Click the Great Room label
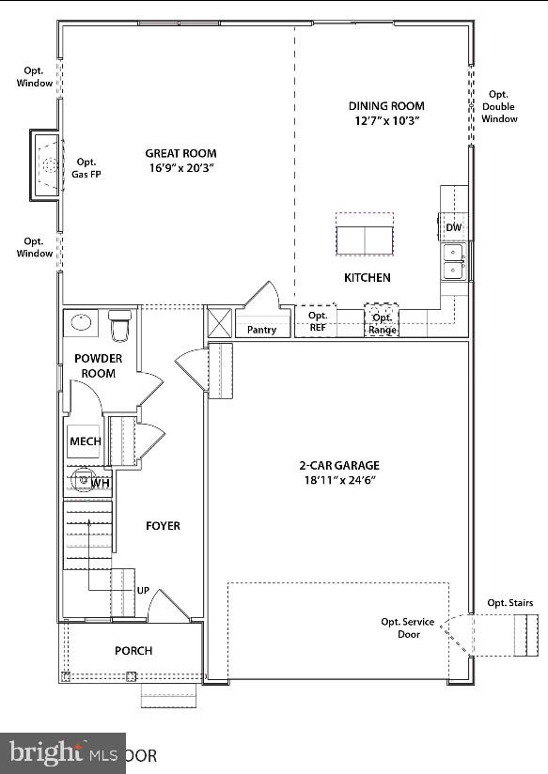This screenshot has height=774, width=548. [x=180, y=153]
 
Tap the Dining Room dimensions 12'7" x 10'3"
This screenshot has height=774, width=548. [x=386, y=121]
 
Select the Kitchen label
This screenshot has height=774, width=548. [x=367, y=277]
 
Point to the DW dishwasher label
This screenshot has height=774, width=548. [x=453, y=228]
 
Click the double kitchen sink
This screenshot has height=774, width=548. [x=454, y=262]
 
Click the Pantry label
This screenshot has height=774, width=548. [x=261, y=330]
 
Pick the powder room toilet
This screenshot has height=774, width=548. [x=119, y=326]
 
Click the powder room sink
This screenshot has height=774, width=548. [x=81, y=323]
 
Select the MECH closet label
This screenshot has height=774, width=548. [x=85, y=441]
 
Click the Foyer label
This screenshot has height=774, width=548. [x=162, y=526]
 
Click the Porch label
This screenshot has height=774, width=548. [x=133, y=650]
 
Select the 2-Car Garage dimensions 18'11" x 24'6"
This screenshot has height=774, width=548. [x=339, y=480]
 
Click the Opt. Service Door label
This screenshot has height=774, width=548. [x=407, y=627]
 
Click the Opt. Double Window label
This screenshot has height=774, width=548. [x=499, y=106]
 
